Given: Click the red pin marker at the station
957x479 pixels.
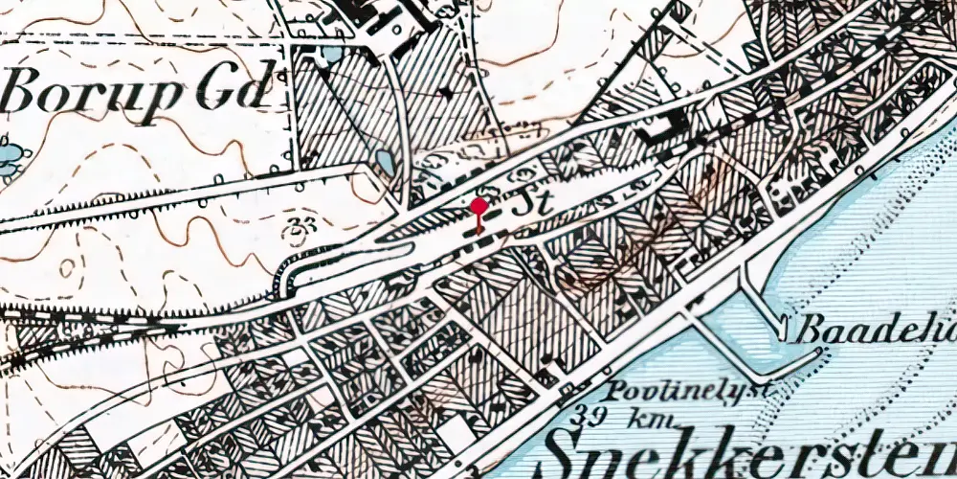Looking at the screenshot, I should [x=478, y=206].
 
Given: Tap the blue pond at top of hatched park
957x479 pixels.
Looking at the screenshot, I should [x=331, y=53].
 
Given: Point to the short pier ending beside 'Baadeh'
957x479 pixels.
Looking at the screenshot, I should [x=783, y=321].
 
